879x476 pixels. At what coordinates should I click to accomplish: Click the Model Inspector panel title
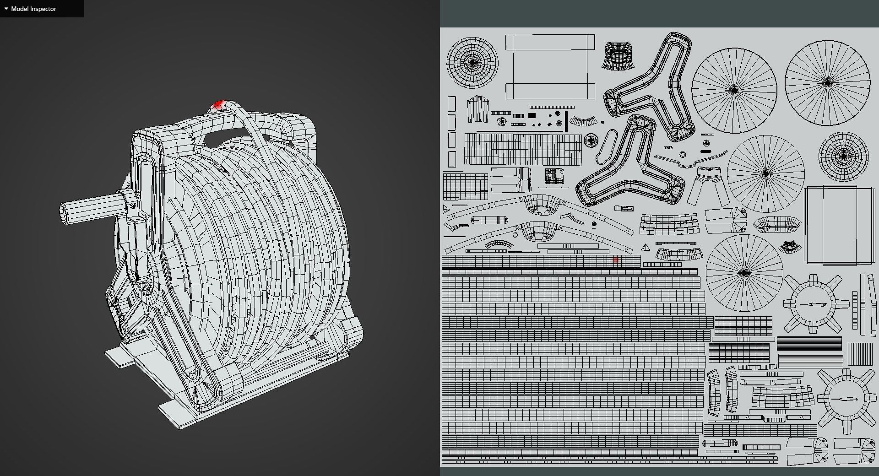(33, 9)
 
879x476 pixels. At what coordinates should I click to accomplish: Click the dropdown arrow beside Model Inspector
(6, 9)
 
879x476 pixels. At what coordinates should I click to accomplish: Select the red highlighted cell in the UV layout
(616, 260)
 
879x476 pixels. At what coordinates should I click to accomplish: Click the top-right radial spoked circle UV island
(827, 83)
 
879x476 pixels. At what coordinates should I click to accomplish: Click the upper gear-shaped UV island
(813, 304)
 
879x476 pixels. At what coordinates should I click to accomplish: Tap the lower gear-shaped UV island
(843, 400)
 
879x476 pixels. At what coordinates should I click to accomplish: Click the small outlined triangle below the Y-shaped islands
(646, 248)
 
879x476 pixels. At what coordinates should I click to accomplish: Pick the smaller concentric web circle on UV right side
(843, 157)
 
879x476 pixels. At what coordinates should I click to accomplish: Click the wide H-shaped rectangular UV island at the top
(550, 66)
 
